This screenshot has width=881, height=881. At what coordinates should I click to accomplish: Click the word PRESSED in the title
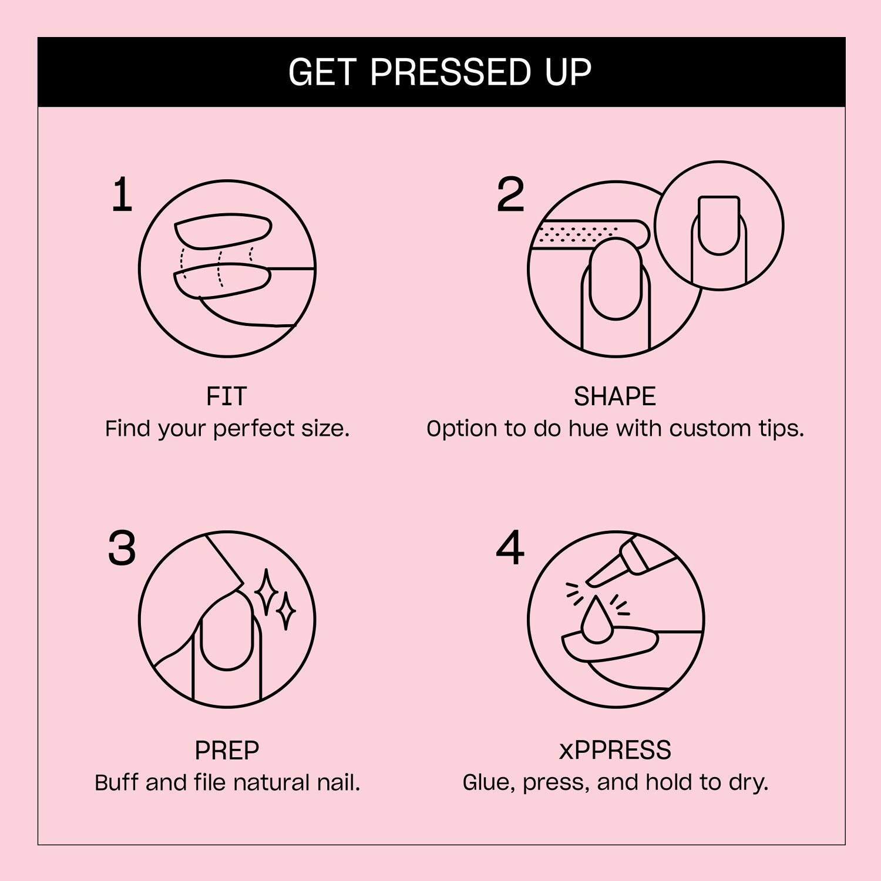click(450, 72)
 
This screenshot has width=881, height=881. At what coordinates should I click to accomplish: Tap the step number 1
click(122, 195)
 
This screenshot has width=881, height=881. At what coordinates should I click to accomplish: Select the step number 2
click(510, 195)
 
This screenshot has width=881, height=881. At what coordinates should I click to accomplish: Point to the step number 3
click(122, 549)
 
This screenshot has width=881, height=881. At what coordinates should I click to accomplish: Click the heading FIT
click(227, 397)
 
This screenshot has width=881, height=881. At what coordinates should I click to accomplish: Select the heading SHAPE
click(614, 397)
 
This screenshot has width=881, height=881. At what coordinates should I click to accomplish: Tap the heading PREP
click(227, 751)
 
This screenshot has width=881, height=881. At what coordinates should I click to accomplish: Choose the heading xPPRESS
click(614, 751)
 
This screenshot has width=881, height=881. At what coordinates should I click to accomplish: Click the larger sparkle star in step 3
click(266, 592)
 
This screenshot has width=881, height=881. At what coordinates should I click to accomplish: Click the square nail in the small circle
click(719, 224)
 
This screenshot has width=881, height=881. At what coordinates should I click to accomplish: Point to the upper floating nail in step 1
click(223, 231)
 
